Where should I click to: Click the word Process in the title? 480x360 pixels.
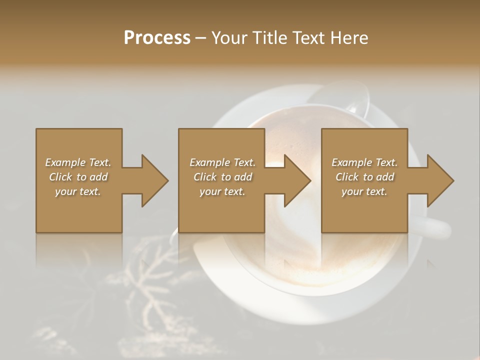point(157,37)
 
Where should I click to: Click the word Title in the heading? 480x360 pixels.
point(265,37)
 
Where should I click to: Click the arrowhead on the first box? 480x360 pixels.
point(152,180)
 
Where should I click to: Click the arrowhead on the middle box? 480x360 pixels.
point(296,180)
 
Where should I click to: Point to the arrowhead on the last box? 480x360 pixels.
point(439,180)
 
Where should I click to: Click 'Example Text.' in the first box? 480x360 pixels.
point(78,162)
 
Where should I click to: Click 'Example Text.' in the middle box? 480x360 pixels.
point(222,162)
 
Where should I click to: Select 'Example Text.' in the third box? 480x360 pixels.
point(364,162)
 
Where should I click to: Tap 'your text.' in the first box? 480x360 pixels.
point(78,191)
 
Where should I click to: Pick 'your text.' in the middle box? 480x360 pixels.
point(222,191)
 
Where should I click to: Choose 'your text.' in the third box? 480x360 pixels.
point(364,191)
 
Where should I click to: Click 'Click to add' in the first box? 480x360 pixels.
point(78,177)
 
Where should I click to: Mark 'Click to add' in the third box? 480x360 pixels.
point(364,177)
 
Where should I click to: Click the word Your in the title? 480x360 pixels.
point(227,37)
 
